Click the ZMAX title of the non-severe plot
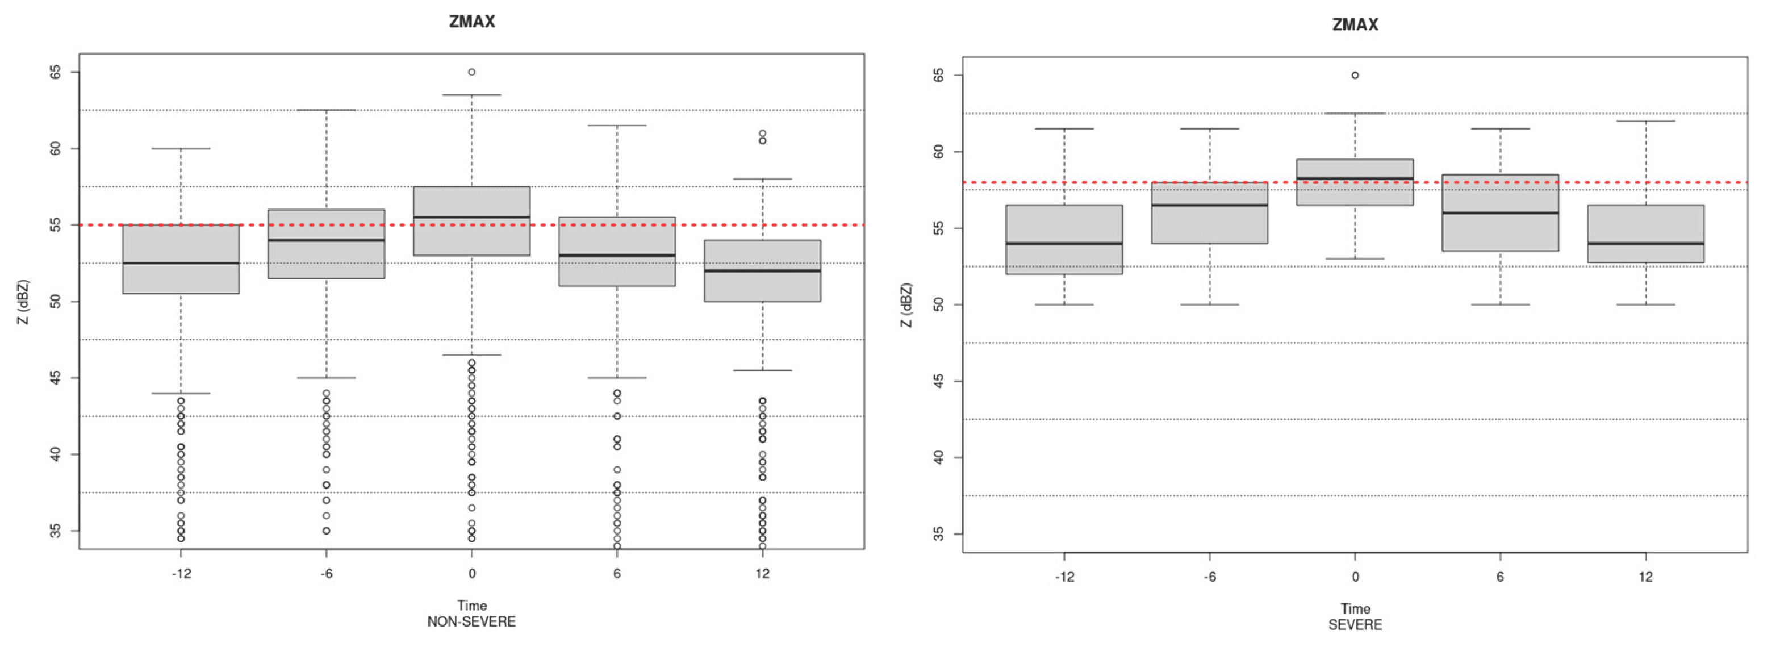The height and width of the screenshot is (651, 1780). pos(472,22)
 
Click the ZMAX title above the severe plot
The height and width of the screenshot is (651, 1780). pos(1355,25)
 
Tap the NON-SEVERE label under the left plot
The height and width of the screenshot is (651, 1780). pos(471,621)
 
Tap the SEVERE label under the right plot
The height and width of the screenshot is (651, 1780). pos(1355,625)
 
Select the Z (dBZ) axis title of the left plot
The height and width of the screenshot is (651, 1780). pos(23,302)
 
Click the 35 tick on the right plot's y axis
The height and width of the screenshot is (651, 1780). pos(938,534)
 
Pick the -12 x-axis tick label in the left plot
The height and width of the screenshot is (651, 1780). pos(181,574)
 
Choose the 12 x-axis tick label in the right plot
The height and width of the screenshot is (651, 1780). pos(1646,577)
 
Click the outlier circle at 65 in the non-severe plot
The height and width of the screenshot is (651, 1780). pos(472,72)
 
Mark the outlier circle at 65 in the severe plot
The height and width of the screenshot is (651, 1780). pos(1355,76)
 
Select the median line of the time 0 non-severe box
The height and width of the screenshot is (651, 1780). pos(472,217)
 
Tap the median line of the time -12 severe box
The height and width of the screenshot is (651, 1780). pos(1064,243)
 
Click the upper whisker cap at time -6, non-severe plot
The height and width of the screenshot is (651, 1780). pos(326,110)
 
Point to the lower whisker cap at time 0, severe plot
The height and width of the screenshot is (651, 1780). pos(1355,258)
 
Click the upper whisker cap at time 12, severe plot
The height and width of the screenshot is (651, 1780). pos(1646,121)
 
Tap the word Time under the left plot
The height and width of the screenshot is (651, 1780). pos(472,606)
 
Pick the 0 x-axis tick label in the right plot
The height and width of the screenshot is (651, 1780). pos(1355,577)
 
